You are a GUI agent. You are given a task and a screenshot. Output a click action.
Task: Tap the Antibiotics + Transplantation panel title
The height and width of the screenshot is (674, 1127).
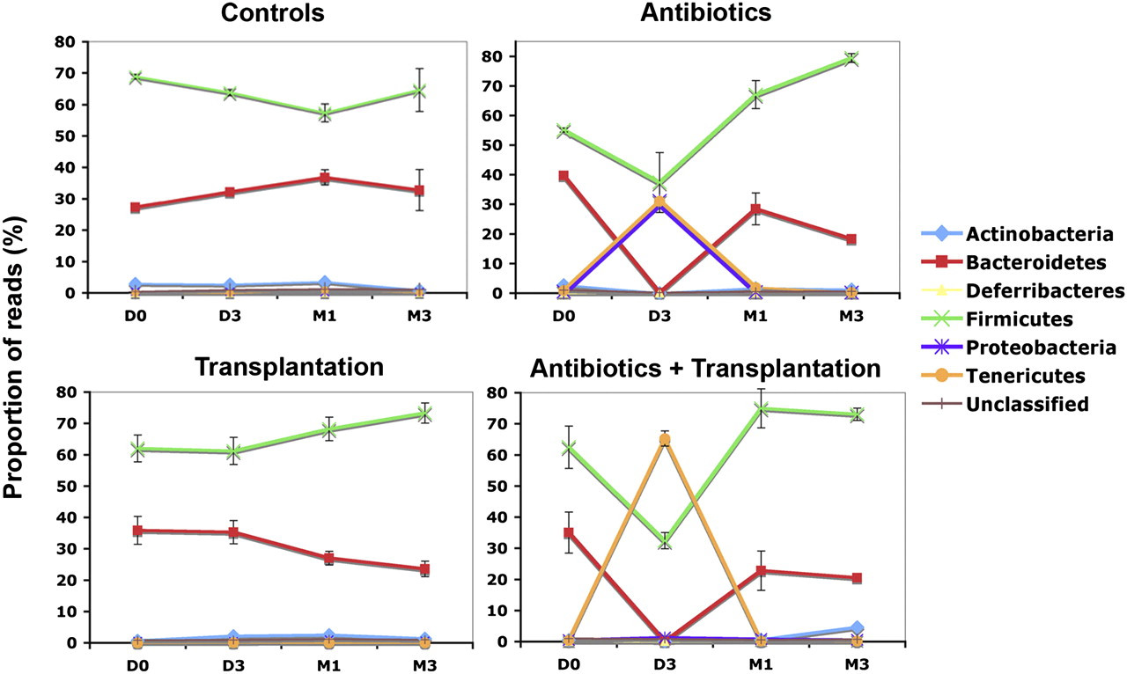[705, 368]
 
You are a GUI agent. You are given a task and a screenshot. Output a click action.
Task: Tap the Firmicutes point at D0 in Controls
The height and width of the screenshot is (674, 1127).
[135, 77]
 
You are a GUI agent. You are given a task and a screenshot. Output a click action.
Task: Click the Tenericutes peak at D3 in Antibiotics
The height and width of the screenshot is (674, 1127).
[659, 201]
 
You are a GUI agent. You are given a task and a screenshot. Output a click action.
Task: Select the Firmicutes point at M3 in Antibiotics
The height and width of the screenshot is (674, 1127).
[850, 59]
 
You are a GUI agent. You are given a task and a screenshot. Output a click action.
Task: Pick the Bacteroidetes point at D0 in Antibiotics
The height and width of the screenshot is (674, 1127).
[564, 176]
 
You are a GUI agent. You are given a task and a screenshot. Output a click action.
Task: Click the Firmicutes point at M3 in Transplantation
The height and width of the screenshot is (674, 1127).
[424, 414]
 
